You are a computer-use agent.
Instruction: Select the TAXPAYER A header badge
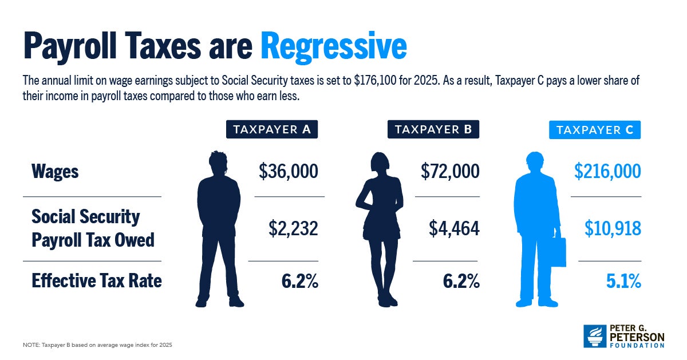point(272,130)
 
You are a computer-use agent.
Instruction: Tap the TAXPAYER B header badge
point(433,130)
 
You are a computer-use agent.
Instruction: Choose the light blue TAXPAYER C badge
point(595,130)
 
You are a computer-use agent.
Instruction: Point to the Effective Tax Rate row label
point(97,280)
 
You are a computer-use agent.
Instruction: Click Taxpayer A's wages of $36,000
point(288,171)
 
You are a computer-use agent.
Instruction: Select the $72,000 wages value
point(449,171)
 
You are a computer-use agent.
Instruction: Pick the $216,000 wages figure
point(608,171)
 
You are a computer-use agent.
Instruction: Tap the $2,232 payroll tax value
point(293,228)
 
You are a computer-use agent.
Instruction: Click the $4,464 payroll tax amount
point(454,228)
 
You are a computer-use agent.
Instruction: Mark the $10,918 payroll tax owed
point(613,228)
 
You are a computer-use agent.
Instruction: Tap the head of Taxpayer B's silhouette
point(380,163)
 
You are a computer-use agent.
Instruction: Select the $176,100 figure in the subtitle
point(379,81)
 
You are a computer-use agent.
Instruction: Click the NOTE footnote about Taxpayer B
point(97,345)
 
